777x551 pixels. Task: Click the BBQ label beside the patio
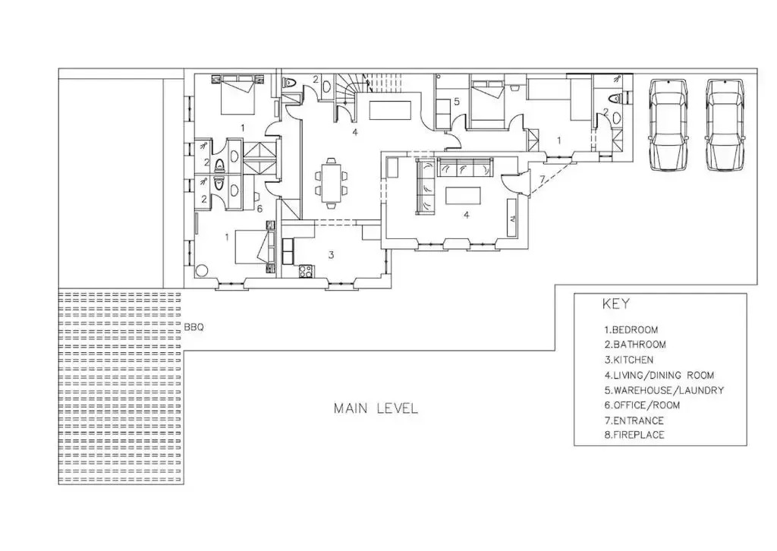[x=193, y=327]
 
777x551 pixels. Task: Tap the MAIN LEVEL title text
[x=376, y=408]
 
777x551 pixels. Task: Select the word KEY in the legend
[x=616, y=304]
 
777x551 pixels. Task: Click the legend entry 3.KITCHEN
[x=628, y=360]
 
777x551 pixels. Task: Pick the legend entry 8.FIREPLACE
[x=634, y=435]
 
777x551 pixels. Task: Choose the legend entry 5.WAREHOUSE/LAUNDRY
[x=664, y=390]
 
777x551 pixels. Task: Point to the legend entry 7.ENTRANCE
[x=634, y=420]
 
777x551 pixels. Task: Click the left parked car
[x=668, y=125]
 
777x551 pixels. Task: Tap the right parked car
[x=725, y=125]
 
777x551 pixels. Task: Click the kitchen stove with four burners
[x=305, y=271]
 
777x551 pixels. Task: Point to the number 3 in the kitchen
[x=332, y=255]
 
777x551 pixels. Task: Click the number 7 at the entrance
[x=542, y=179]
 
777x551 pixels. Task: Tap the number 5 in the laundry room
[x=457, y=102]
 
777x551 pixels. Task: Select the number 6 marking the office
[x=260, y=209]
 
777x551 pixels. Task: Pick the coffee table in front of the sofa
[x=464, y=195]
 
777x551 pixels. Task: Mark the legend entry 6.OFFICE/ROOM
[x=642, y=405]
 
